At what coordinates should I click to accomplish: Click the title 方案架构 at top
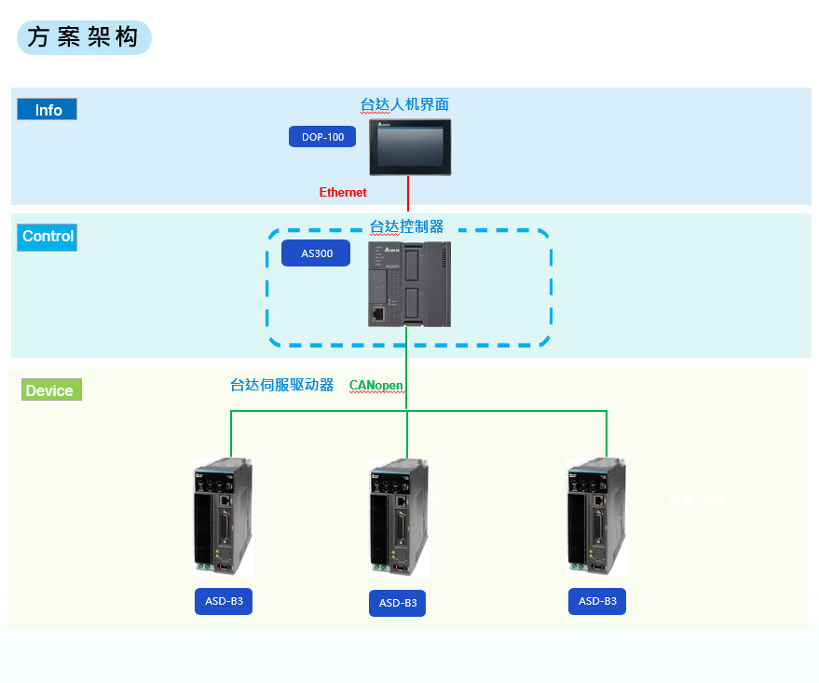coord(83,37)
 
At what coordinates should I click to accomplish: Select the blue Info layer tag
coord(48,110)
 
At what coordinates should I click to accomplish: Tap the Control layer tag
coord(48,237)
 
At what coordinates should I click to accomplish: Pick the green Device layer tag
coord(50,390)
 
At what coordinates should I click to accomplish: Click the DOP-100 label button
coord(322,137)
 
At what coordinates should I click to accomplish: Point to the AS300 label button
coord(317,253)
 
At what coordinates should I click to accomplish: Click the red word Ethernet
coord(343,193)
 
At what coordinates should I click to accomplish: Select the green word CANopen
coord(375,385)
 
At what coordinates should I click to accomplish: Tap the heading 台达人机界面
coord(404,104)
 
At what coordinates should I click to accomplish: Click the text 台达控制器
coord(406,226)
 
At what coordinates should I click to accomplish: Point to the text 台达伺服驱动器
coord(281,385)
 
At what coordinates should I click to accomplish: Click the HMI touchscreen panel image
coord(410,146)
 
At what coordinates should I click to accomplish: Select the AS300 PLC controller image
coord(409,283)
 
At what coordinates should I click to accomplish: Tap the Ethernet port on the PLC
coord(376,314)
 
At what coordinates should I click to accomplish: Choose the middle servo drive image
coord(399,516)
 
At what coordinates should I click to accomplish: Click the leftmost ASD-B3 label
coord(224,601)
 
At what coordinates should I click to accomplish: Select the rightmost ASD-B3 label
coord(597,601)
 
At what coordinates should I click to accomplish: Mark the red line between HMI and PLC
coord(408,194)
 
